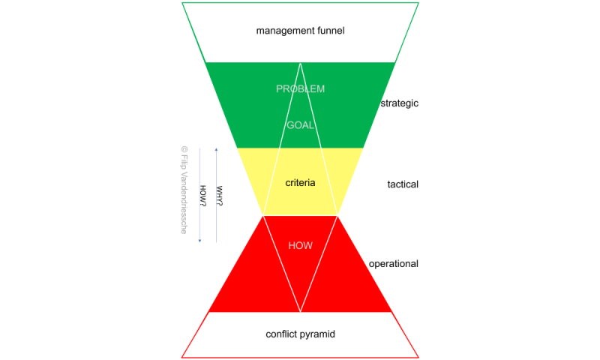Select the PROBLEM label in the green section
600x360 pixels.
click(300, 88)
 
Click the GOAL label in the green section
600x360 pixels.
click(300, 125)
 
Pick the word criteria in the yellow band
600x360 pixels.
click(300, 182)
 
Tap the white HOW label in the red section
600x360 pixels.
click(300, 245)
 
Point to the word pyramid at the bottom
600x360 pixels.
click(318, 333)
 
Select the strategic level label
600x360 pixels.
click(399, 103)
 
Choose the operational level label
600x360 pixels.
click(394, 264)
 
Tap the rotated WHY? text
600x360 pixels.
click(220, 196)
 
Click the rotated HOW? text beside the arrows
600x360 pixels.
click(202, 196)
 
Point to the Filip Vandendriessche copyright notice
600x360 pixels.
click(184, 190)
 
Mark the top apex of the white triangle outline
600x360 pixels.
click(301, 63)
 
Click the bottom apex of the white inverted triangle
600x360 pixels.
click(301, 312)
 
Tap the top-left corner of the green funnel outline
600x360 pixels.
click(182, 3)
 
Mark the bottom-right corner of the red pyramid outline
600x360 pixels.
click(418, 357)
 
